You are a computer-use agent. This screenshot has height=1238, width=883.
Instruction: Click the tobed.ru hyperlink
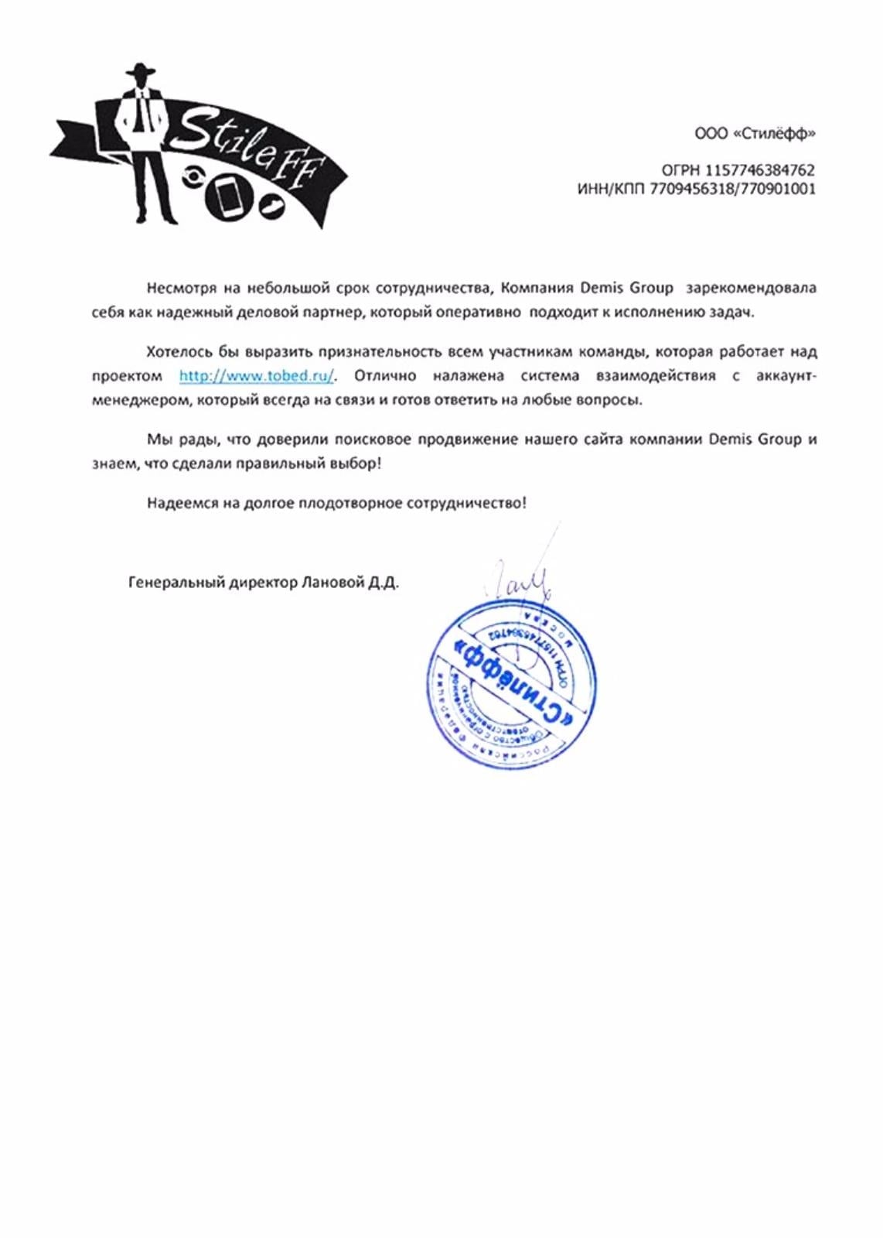tap(257, 376)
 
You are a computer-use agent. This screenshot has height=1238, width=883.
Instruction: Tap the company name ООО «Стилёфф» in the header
tap(755, 134)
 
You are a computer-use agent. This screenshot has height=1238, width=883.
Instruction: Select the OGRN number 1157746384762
tap(760, 170)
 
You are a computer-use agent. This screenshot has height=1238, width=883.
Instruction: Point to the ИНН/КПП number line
tap(696, 189)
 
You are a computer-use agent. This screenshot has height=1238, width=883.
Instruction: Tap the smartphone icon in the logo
tap(229, 197)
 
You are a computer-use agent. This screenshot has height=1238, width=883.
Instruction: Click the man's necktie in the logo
tap(138, 113)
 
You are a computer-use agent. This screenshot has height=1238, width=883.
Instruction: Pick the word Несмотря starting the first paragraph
tap(182, 289)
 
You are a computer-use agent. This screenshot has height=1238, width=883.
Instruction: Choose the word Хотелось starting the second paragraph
tap(179, 352)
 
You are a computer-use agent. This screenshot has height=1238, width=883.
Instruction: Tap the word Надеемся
tap(182, 504)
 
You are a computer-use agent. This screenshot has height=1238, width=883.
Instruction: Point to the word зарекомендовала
tap(751, 289)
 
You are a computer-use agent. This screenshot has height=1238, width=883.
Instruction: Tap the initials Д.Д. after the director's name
tap(384, 583)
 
